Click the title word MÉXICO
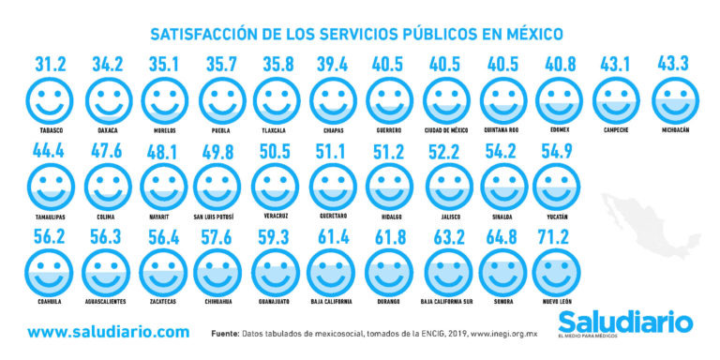tap(531, 35)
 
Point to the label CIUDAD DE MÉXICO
tap(447, 130)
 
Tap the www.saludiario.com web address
tap(108, 332)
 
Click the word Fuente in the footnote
tap(225, 333)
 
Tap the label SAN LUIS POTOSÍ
tap(217, 217)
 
